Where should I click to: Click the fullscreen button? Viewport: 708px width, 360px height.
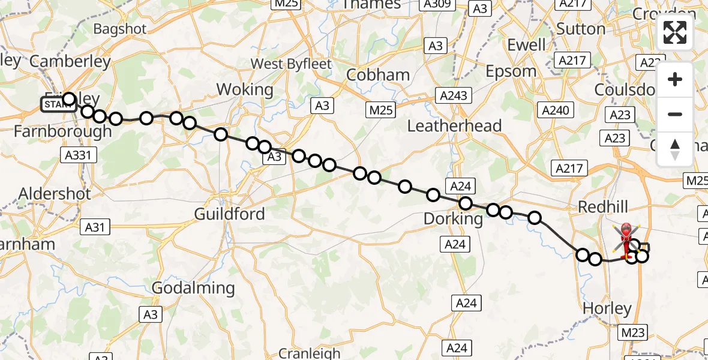pyautogui.click(x=675, y=32)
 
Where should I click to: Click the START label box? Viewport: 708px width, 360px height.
pyautogui.click(x=58, y=104)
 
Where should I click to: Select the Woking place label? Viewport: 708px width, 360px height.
pyautogui.click(x=244, y=90)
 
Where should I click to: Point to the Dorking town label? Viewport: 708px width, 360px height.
pyautogui.click(x=453, y=219)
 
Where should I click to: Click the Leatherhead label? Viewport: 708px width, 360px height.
pyautogui.click(x=454, y=126)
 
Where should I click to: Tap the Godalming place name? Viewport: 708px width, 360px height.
pyautogui.click(x=193, y=288)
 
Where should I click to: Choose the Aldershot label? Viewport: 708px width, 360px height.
pyautogui.click(x=55, y=194)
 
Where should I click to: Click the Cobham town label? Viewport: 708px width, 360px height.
pyautogui.click(x=379, y=75)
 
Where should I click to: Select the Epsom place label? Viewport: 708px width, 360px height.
pyautogui.click(x=512, y=71)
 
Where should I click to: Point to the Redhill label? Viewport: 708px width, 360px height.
pyautogui.click(x=602, y=207)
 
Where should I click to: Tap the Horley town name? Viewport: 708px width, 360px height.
pyautogui.click(x=607, y=309)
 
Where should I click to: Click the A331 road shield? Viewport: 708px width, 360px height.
pyautogui.click(x=78, y=155)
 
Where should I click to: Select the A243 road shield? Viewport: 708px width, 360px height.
pyautogui.click(x=455, y=95)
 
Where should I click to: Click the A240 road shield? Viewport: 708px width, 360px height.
pyautogui.click(x=557, y=110)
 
